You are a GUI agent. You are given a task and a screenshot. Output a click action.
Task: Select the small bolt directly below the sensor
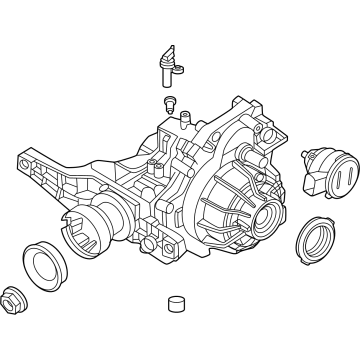(x=169, y=103)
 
